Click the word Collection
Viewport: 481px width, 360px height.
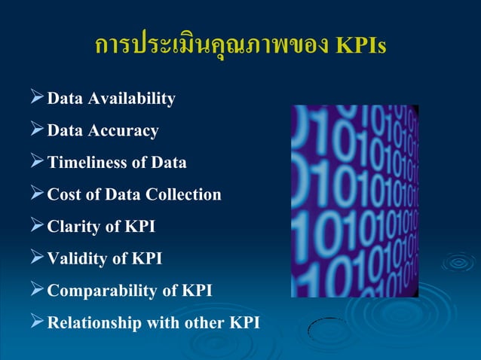tap(184, 195)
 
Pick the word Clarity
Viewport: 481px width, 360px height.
tap(74, 227)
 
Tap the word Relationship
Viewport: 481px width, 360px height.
tap(94, 323)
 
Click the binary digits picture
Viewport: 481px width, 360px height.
tap(354, 200)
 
